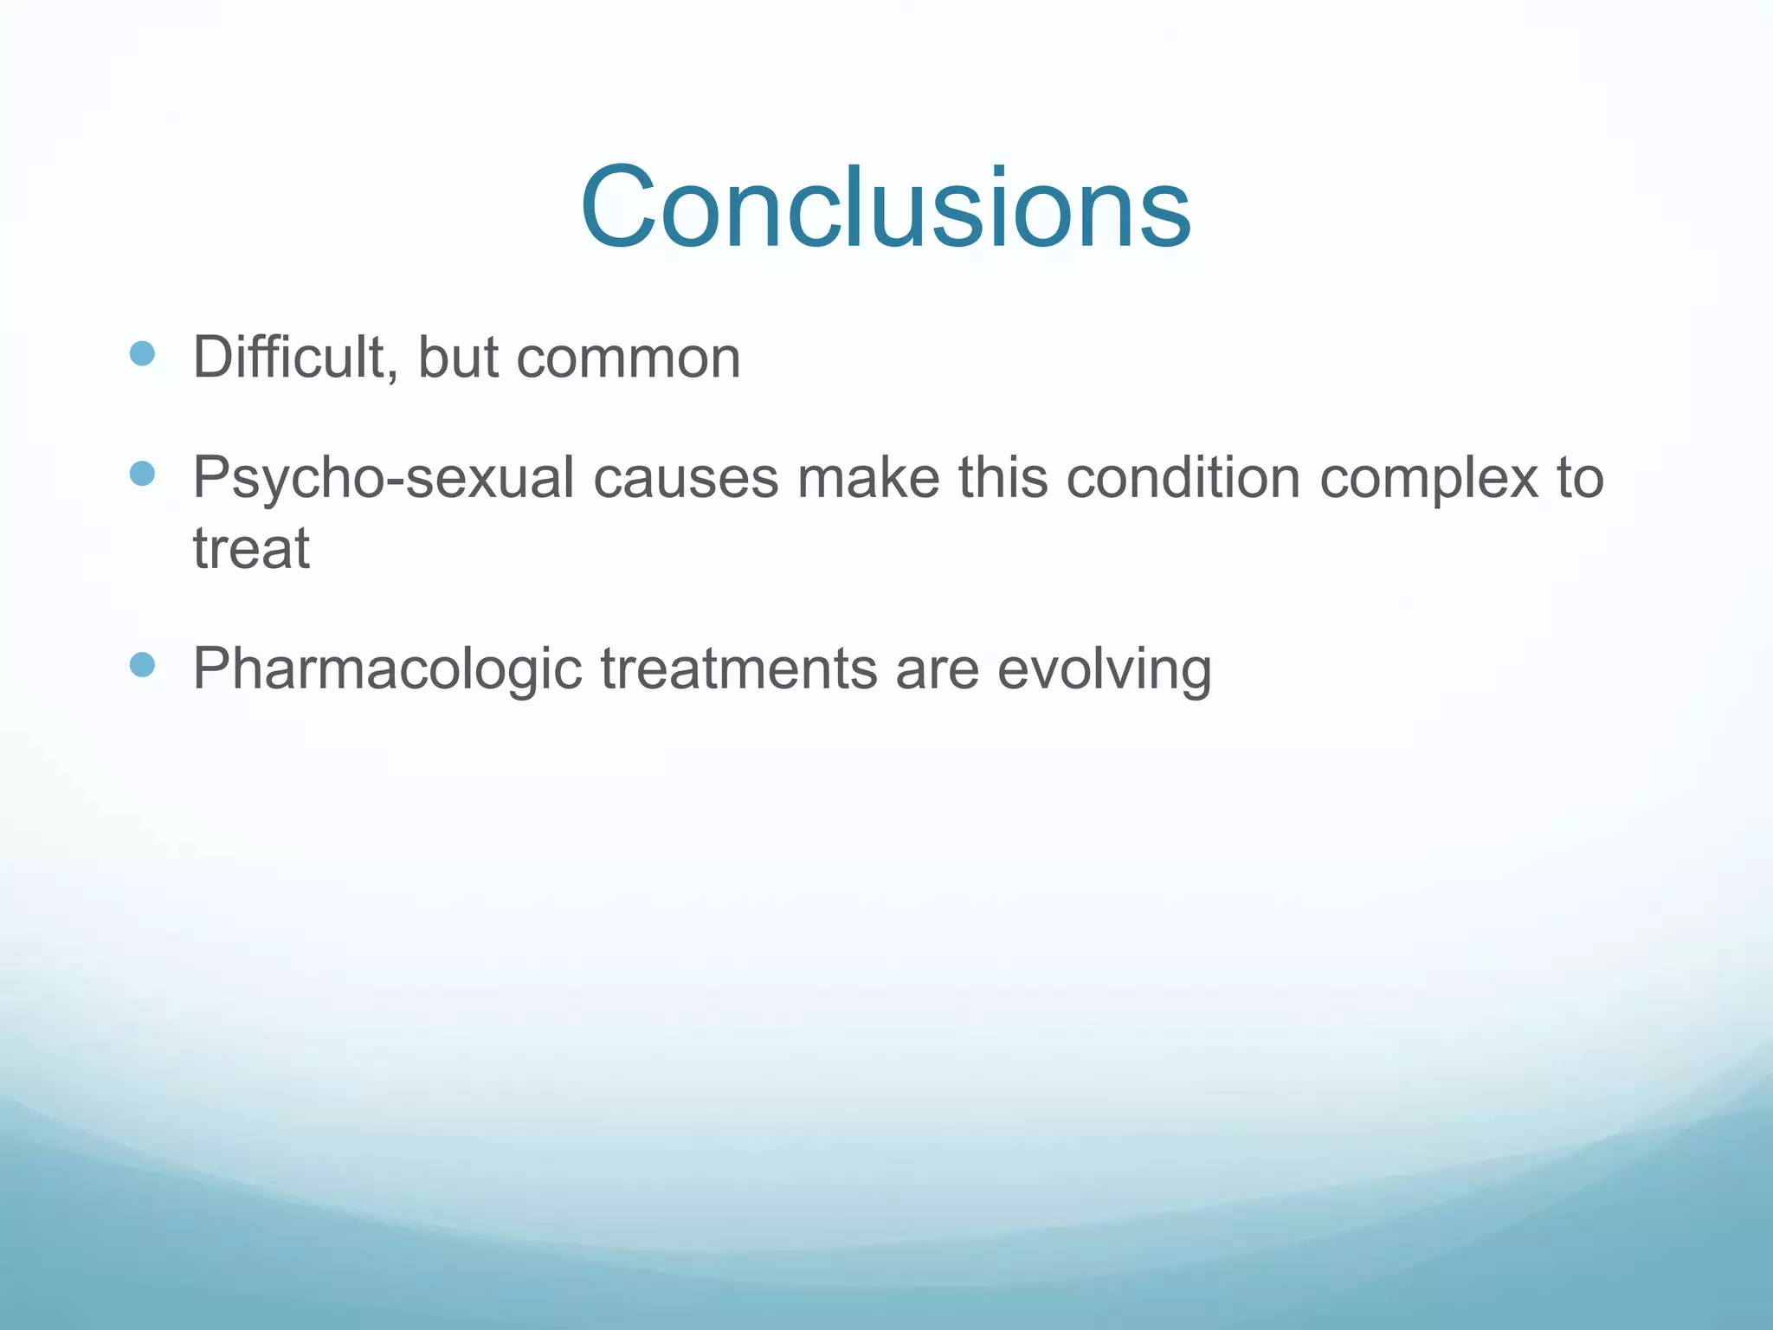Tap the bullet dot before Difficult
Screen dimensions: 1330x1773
(142, 353)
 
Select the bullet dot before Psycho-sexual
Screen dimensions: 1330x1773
(142, 474)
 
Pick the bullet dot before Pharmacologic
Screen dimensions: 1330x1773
(142, 665)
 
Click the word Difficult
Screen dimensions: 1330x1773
(288, 357)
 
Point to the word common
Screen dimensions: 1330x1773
(629, 358)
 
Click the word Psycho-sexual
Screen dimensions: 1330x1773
(384, 479)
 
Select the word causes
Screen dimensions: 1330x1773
(686, 479)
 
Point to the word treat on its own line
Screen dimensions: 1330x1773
(251, 549)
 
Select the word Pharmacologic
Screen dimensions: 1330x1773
(387, 669)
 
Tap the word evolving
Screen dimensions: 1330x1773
(1104, 669)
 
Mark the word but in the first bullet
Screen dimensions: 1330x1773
(458, 357)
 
